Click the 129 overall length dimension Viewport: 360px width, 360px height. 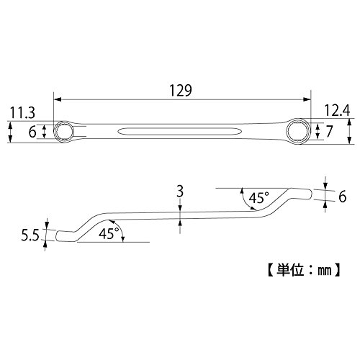[x=181, y=90]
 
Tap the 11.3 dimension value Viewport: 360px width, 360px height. [x=22, y=113]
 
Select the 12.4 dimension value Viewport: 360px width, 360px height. [x=337, y=110]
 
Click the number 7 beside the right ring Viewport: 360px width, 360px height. [x=329, y=131]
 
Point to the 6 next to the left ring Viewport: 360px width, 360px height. [x=32, y=132]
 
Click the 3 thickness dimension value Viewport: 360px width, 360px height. [x=180, y=192]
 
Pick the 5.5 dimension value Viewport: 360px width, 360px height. [x=30, y=235]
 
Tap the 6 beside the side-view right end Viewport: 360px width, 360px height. [x=343, y=197]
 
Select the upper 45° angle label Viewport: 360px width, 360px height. [x=258, y=198]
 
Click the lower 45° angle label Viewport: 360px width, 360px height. [x=109, y=233]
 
